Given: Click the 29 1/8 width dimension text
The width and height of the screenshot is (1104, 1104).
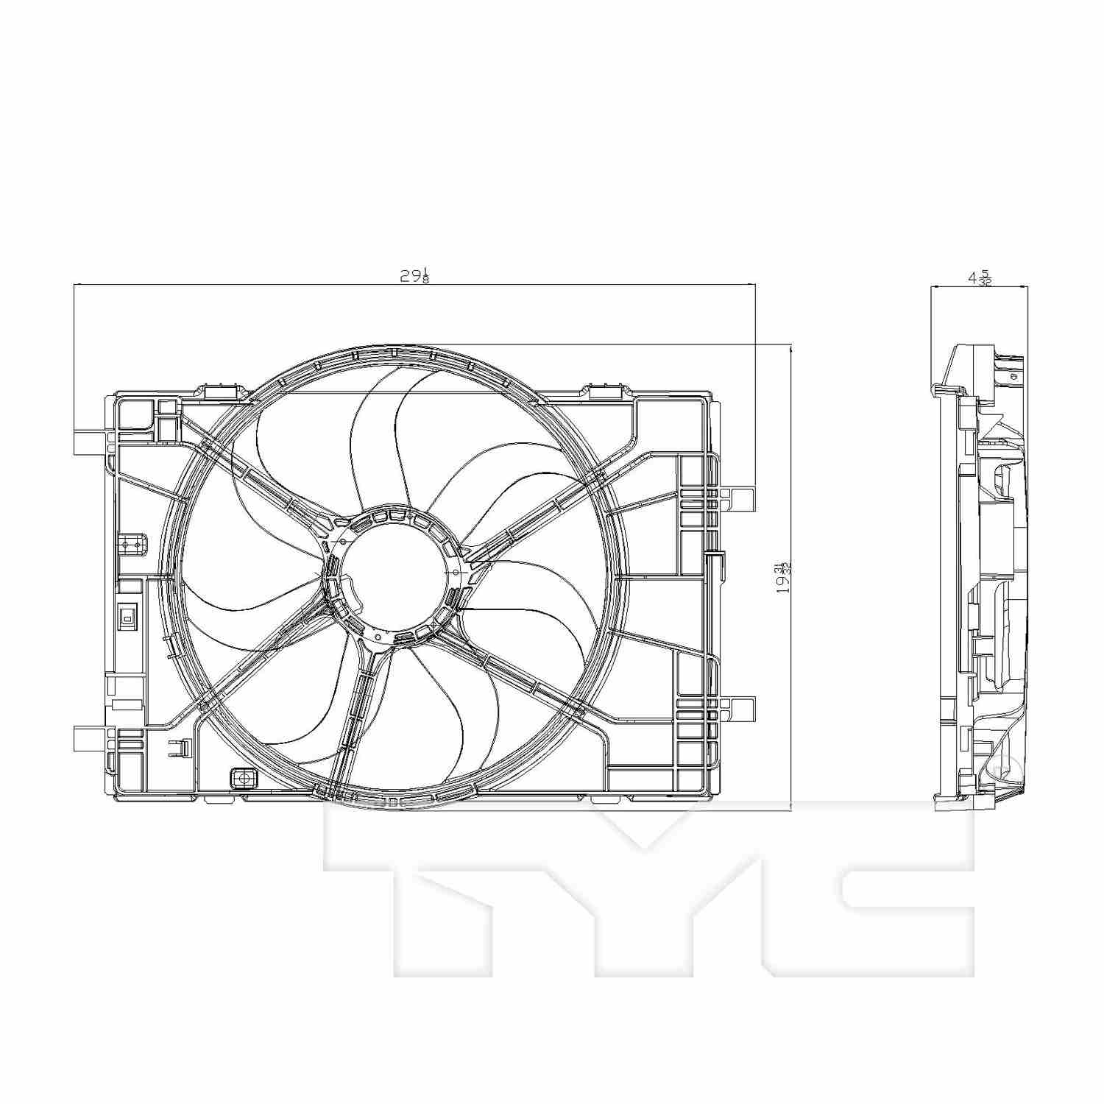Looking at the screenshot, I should click(414, 276).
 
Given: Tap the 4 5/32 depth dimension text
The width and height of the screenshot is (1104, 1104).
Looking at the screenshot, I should click(980, 278).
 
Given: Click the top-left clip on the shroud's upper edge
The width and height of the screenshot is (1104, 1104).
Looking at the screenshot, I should click(222, 391).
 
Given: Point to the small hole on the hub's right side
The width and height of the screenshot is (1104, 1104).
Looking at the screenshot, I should click(456, 572).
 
